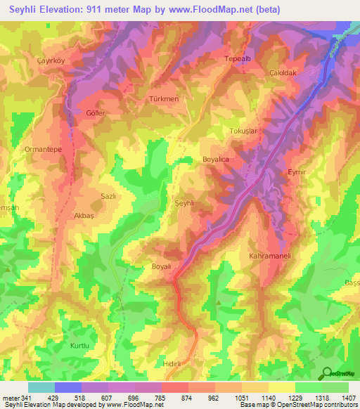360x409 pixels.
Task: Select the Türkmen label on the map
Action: pos(164,100)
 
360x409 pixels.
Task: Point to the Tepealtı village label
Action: pos(238,60)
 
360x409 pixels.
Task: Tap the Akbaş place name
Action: pos(84,216)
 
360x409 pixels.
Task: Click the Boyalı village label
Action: pos(162,266)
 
